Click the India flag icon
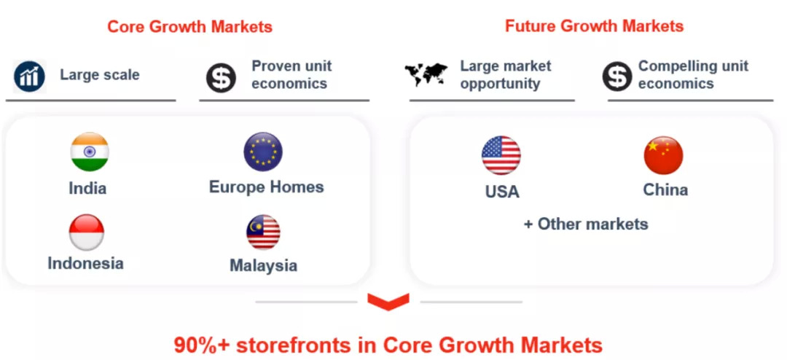click(x=90, y=152)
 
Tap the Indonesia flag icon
click(x=86, y=232)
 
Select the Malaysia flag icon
click(x=263, y=232)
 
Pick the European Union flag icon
click(x=263, y=152)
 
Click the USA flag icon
click(x=501, y=155)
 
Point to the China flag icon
click(x=664, y=155)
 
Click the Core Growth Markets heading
click(x=189, y=27)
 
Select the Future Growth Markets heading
click(x=595, y=26)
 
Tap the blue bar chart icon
click(x=30, y=77)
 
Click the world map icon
click(x=426, y=74)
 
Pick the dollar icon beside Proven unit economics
click(x=221, y=78)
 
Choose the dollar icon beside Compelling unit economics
click(x=617, y=77)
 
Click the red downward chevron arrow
click(x=388, y=302)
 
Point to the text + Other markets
click(x=586, y=224)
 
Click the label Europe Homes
click(x=267, y=187)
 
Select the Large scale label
click(x=100, y=75)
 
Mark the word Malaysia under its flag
click(x=264, y=265)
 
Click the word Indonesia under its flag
click(x=86, y=263)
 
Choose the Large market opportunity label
click(x=506, y=75)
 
